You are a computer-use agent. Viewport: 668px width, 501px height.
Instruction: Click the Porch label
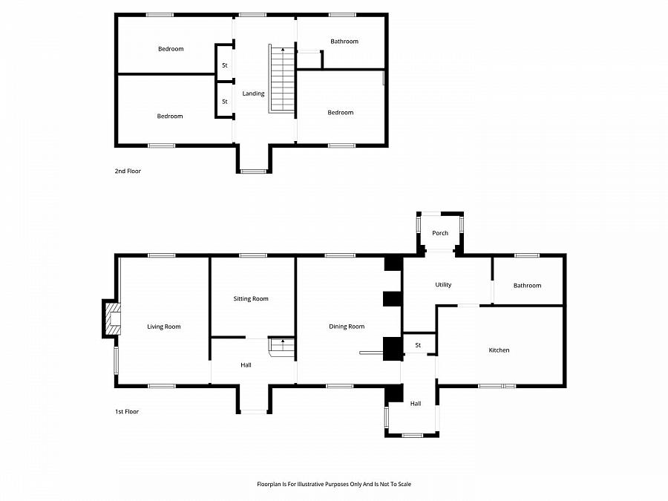click(x=440, y=233)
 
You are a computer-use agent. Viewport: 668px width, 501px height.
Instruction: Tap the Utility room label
click(x=443, y=284)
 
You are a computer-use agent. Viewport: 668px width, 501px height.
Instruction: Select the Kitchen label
click(x=499, y=350)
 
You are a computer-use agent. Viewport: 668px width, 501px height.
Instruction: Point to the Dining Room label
click(x=347, y=327)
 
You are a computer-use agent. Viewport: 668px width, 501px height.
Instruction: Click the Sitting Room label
click(x=251, y=298)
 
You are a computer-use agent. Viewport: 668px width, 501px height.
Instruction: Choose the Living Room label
click(x=164, y=327)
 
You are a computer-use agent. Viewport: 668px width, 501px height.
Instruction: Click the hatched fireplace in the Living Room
click(x=113, y=318)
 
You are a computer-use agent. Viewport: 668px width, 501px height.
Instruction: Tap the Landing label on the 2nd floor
click(x=254, y=94)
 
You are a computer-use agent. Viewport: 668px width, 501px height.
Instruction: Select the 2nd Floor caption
click(x=128, y=171)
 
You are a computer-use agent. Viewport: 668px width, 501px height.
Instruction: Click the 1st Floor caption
click(x=127, y=411)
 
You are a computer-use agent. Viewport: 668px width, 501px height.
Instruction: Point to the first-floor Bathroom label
click(x=528, y=286)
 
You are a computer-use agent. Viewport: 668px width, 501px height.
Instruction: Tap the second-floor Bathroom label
click(x=344, y=42)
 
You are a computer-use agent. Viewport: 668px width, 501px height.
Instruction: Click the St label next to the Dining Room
click(x=418, y=345)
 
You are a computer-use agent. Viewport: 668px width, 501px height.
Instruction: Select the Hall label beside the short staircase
click(x=246, y=365)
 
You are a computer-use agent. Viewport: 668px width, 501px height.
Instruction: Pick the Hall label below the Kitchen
click(x=416, y=404)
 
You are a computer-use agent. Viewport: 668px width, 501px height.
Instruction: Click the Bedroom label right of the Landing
click(x=341, y=113)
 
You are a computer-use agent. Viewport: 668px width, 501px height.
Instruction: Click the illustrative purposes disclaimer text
click(x=334, y=484)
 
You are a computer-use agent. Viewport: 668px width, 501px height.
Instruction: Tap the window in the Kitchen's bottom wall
click(x=497, y=386)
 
